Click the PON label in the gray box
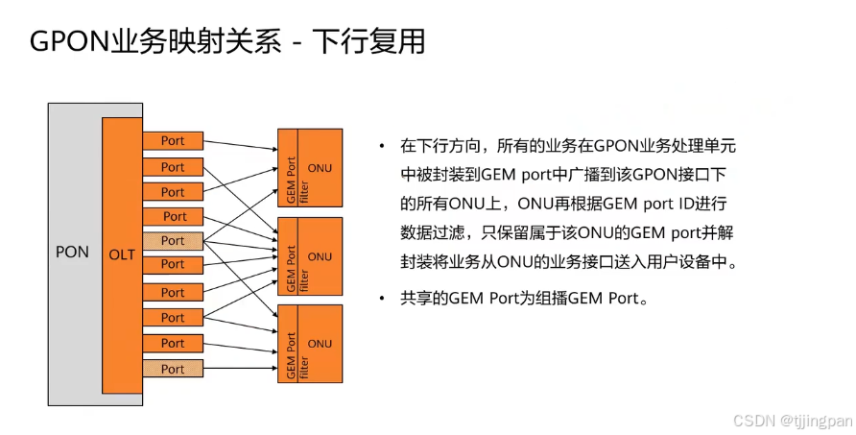pyautogui.click(x=72, y=253)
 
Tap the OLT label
pyautogui.click(x=122, y=254)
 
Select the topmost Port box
pyautogui.click(x=173, y=141)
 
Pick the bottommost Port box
pyautogui.click(x=173, y=369)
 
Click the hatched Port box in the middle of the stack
pyautogui.click(x=173, y=240)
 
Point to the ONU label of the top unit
pyautogui.click(x=321, y=168)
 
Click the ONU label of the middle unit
pyautogui.click(x=321, y=256)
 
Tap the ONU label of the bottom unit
pyautogui.click(x=321, y=344)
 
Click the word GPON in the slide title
pyautogui.click(x=68, y=42)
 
